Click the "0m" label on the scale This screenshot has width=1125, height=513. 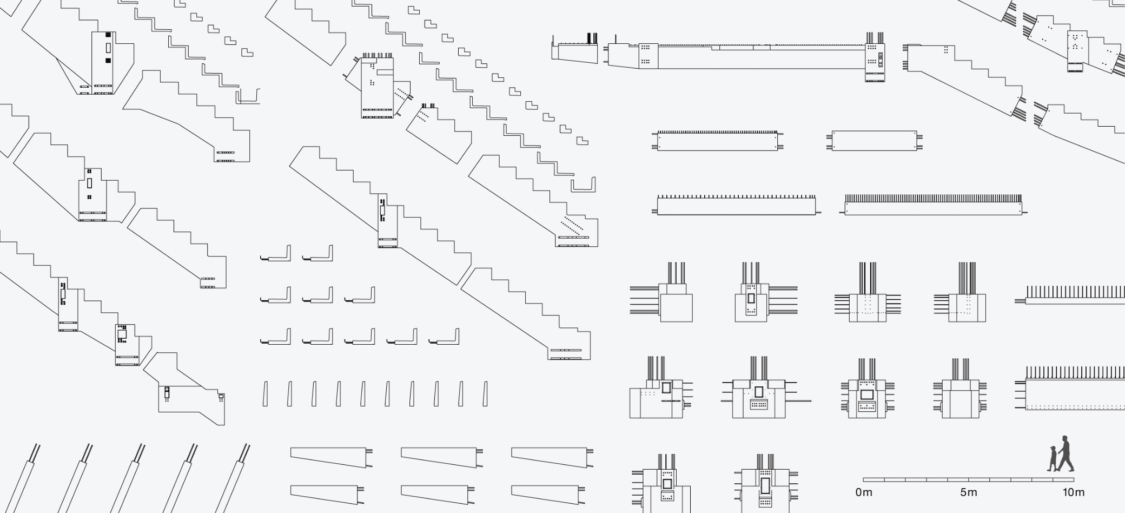pos(864,492)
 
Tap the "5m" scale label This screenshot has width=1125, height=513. pos(968,492)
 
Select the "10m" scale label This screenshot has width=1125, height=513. pos(1073,492)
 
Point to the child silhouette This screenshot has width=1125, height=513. pos(1053,459)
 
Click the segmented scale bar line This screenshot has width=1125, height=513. pos(968,479)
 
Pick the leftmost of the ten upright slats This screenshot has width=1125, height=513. pos(265,393)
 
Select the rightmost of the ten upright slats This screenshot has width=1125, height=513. pos(485,393)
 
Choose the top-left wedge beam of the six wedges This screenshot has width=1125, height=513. pos(330,457)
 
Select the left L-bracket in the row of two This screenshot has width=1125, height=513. pos(276,254)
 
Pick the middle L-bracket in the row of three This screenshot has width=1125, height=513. pos(318,296)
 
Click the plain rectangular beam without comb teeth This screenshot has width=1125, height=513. pos(874,141)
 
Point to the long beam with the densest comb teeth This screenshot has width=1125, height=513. pos(934,206)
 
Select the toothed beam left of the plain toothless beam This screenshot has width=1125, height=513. pos(717,141)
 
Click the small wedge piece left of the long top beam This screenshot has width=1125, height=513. pos(573,52)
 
